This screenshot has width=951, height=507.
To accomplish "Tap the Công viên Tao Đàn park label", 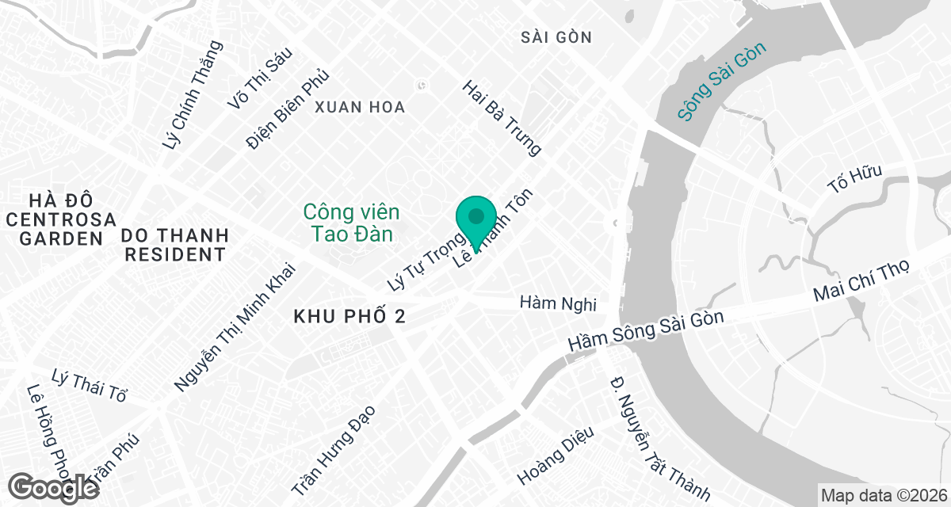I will (351, 223).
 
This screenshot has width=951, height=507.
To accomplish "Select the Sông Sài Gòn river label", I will (724, 82).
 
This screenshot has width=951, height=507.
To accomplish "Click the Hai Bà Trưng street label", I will (502, 117).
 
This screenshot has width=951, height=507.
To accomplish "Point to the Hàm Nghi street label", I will (557, 303).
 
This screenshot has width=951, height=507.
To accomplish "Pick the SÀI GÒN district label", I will (557, 37).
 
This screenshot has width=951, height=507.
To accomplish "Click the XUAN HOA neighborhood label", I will (360, 107).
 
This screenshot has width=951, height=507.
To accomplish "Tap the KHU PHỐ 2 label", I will (349, 317).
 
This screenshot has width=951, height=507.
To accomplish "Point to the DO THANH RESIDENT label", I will (174, 245).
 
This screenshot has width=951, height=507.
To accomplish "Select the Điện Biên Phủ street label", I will (287, 110).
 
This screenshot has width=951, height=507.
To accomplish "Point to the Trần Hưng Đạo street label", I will (332, 451).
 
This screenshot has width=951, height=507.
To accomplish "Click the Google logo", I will (54, 486).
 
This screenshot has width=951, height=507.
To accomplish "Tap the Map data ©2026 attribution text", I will (883, 495).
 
